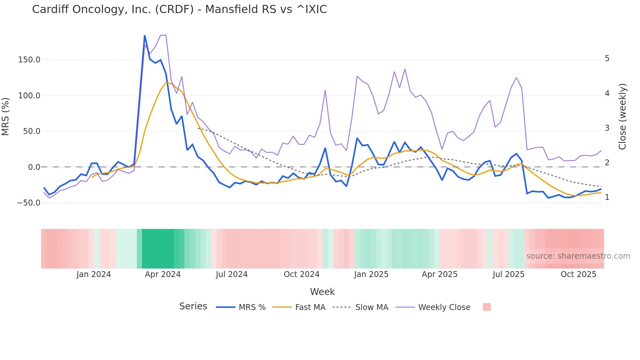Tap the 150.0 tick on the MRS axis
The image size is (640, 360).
click(x=29, y=60)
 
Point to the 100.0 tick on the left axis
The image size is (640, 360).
click(x=29, y=96)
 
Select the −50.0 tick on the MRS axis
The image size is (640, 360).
click(x=29, y=203)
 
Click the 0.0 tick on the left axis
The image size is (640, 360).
click(x=34, y=167)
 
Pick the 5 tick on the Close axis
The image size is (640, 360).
click(x=607, y=58)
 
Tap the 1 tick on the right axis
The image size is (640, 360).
click(x=607, y=197)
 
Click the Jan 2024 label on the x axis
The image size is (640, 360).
click(x=94, y=274)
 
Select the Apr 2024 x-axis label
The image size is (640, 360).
click(x=163, y=274)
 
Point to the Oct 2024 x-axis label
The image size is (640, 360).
click(x=301, y=274)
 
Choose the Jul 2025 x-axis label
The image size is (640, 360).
click(x=508, y=274)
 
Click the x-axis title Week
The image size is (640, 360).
click(x=322, y=292)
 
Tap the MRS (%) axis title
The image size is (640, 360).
click(x=6, y=116)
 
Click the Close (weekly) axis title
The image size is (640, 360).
click(x=622, y=117)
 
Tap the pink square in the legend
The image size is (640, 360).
click(x=487, y=307)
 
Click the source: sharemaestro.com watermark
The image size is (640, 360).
click(x=578, y=256)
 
